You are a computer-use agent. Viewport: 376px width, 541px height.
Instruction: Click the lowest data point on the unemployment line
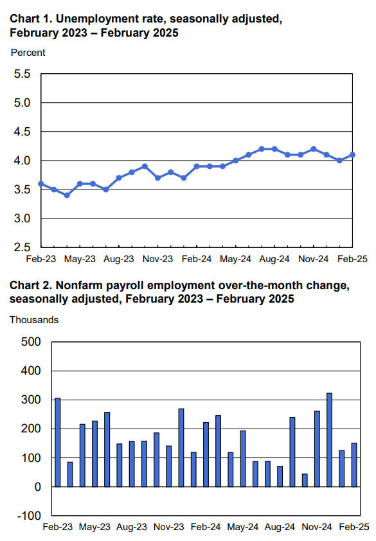[67, 195]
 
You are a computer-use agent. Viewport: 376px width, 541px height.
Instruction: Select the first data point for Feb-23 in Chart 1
[41, 184]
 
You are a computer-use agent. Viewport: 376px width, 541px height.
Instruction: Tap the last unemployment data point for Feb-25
[353, 155]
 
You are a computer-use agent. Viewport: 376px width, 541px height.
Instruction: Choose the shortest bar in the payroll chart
[305, 480]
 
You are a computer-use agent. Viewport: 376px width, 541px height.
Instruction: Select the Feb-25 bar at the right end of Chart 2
[354, 465]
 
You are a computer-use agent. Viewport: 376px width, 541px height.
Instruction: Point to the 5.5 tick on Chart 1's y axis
[22, 74]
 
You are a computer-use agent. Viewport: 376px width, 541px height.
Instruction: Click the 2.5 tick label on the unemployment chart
[22, 247]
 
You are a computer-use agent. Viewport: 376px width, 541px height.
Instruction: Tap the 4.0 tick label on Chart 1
[22, 161]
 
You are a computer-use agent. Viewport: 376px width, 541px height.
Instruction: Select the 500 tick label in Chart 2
[31, 342]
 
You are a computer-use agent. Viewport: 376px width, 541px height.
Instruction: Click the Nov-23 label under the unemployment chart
[157, 260]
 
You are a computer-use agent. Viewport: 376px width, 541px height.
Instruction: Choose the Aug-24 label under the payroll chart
[280, 528]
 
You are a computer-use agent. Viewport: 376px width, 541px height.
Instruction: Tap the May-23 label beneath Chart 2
[94, 528]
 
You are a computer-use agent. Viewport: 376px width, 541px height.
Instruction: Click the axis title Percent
[28, 53]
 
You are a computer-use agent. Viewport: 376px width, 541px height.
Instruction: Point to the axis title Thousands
[34, 319]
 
